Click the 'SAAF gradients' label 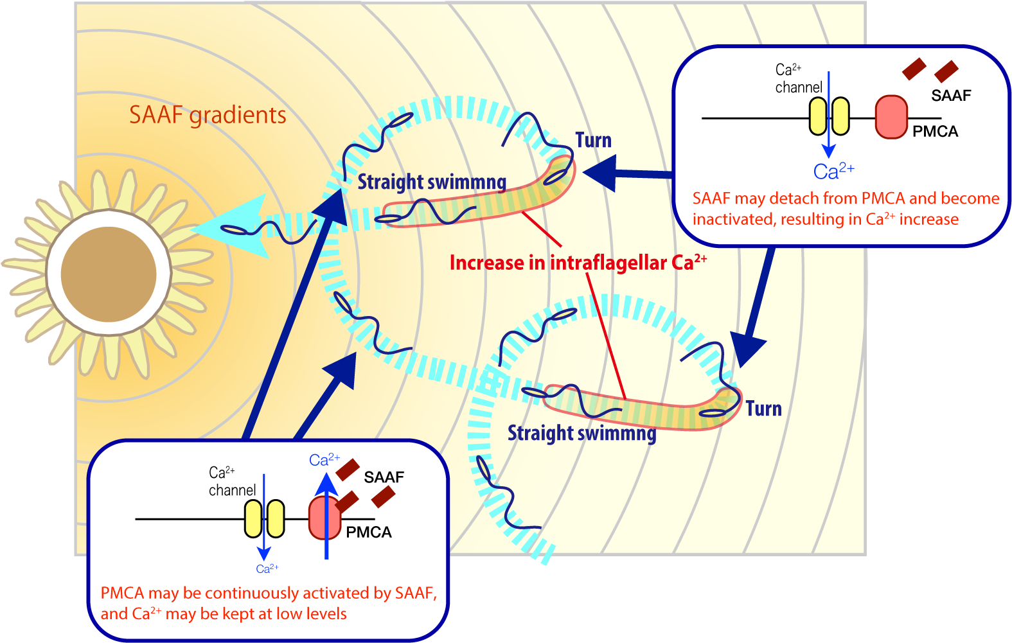(208, 115)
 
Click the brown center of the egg (109, 274)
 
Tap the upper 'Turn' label (593, 140)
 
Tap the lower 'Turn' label (763, 409)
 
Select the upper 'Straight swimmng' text (432, 182)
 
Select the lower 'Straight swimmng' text (581, 433)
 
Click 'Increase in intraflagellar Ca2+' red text (578, 263)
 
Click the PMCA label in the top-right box (935, 132)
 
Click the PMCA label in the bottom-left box (368, 533)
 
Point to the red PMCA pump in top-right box (891, 117)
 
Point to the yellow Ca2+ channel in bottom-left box (264, 519)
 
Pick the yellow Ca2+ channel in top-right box (829, 117)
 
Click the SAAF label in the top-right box (951, 96)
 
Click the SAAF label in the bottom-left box (384, 477)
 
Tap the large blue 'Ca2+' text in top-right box (833, 172)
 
